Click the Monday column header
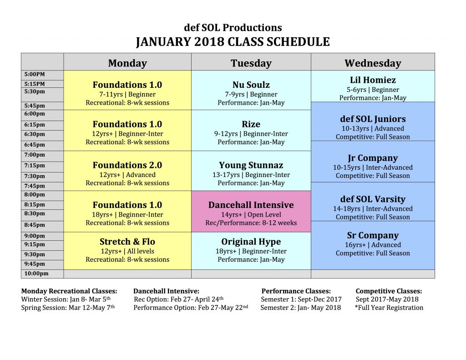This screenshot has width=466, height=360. pos(127,63)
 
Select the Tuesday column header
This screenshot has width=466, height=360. pos(251,63)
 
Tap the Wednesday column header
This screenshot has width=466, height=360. pos(373,63)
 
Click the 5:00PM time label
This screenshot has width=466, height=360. pos(35,74)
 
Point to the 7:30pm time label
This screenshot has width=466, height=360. pos(35,176)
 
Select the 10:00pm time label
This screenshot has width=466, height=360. pos(36,274)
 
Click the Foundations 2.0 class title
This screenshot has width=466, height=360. pos(127,165)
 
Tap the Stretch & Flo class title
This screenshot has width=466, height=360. pos(127,241)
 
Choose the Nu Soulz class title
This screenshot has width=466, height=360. pos(251,85)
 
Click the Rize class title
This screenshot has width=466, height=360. pos(251,124)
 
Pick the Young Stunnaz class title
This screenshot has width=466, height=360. pos(251,165)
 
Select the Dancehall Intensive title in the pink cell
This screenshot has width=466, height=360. pos(251,205)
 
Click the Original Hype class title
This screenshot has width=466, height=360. pos(251,242)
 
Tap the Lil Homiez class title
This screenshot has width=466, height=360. pos(373,80)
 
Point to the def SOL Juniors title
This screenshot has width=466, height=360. pos(373,119)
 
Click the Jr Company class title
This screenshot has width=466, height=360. pos(373,158)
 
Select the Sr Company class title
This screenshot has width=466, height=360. pos(373,235)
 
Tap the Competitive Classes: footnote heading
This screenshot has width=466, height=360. pos(389,291)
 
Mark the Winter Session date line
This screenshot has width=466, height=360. pos(66,299)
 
